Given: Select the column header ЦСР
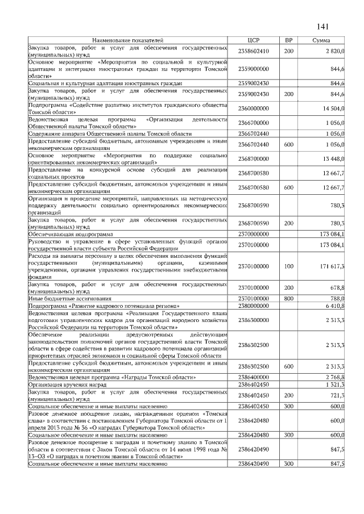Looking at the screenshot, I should [x=254, y=41].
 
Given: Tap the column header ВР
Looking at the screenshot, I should [x=288, y=41].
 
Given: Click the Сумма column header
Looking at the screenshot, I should [x=322, y=41].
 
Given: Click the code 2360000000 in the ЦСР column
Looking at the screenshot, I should [x=254, y=108].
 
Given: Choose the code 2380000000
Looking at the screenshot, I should [x=254, y=306].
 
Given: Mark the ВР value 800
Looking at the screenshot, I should [x=288, y=298].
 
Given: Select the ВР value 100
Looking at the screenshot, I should [x=288, y=266].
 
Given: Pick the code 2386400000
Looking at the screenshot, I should [x=254, y=377].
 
